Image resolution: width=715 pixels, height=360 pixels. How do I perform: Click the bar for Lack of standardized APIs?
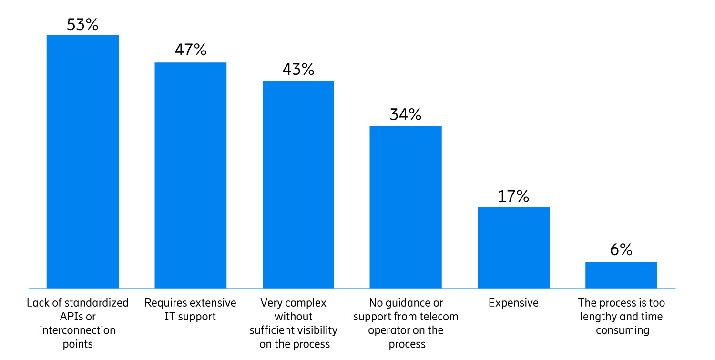pyautogui.click(x=82, y=162)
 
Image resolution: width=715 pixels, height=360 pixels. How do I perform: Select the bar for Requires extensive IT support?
pyautogui.click(x=190, y=175)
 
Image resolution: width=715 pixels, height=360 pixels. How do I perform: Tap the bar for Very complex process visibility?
pyautogui.click(x=298, y=185)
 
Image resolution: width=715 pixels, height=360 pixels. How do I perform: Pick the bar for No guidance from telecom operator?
pyautogui.click(x=406, y=207)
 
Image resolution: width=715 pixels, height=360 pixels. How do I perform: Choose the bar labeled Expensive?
pyautogui.click(x=513, y=248)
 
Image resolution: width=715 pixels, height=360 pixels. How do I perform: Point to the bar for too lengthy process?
pyautogui.click(x=621, y=275)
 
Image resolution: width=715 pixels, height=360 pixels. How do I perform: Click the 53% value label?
pyautogui.click(x=82, y=24)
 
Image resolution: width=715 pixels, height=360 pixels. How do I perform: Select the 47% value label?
pyautogui.click(x=190, y=50)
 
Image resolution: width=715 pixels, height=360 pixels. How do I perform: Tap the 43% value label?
pyautogui.click(x=298, y=69)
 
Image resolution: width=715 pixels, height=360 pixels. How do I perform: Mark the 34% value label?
pyautogui.click(x=406, y=114)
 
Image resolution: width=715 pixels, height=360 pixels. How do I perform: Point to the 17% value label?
pyautogui.click(x=513, y=196)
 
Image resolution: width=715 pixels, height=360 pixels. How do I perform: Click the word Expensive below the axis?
pyautogui.click(x=513, y=303)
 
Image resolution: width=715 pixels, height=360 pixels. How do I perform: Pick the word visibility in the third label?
pyautogui.click(x=316, y=330)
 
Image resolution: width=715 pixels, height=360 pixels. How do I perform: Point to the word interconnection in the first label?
pyautogui.click(x=78, y=330)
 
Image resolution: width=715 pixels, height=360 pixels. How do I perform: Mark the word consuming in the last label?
pyautogui.click(x=621, y=330)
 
